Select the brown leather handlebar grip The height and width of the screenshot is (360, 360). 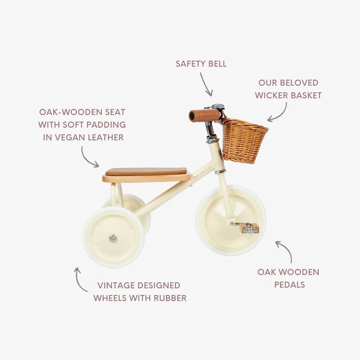tap(204, 116)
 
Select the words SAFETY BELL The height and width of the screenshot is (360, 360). tap(201, 64)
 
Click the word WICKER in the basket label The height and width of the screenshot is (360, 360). tap(272, 95)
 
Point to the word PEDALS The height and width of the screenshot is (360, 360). tap(289, 284)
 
